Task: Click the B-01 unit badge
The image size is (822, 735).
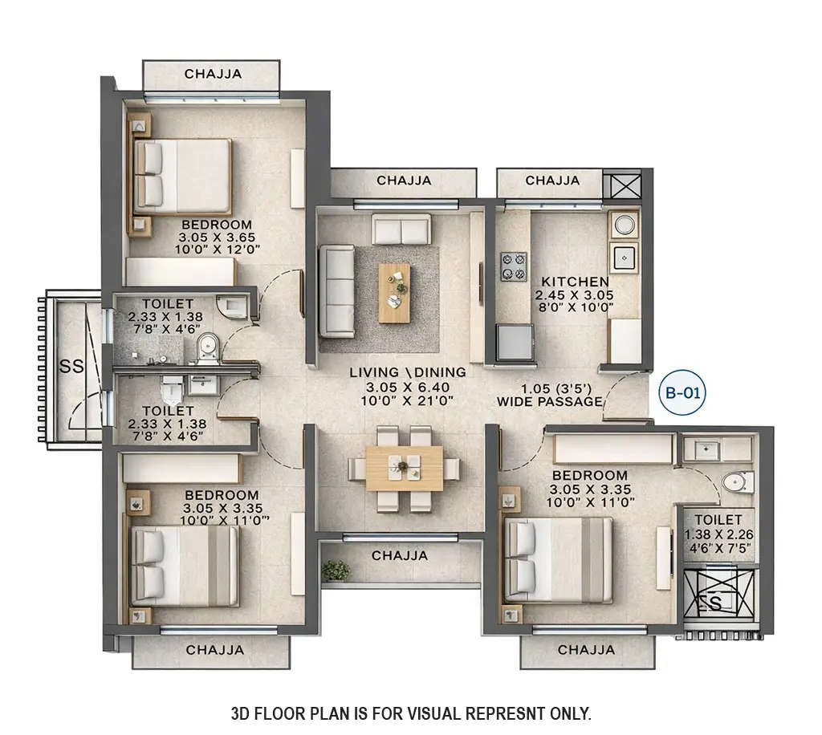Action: tap(680, 393)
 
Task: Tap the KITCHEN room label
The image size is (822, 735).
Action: tap(575, 282)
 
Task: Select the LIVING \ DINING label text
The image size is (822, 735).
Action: tap(408, 372)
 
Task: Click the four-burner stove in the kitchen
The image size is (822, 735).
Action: tap(514, 266)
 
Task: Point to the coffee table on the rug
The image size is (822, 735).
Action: tap(393, 294)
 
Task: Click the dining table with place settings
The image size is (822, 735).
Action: tap(404, 467)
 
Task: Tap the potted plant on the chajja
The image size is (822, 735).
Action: tap(336, 571)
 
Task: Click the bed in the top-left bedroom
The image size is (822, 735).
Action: tap(182, 177)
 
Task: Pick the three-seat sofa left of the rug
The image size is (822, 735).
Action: tap(337, 290)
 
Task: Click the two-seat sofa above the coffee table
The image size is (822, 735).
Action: tap(401, 229)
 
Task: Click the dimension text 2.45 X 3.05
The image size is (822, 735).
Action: tap(575, 295)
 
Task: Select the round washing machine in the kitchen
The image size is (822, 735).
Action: tap(624, 225)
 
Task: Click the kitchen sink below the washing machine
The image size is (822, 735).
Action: tap(624, 258)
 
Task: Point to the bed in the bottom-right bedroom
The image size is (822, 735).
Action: tap(558, 558)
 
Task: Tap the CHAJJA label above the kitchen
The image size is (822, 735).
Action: tap(552, 181)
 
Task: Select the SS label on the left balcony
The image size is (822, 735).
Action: tap(71, 367)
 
